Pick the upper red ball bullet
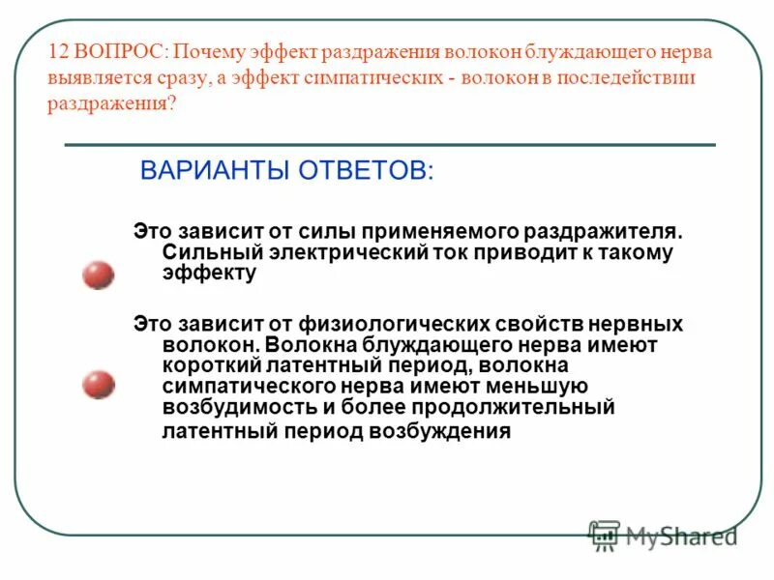98,275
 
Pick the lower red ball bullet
98,385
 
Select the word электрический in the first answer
329,252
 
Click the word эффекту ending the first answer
209,274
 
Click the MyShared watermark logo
664,534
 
